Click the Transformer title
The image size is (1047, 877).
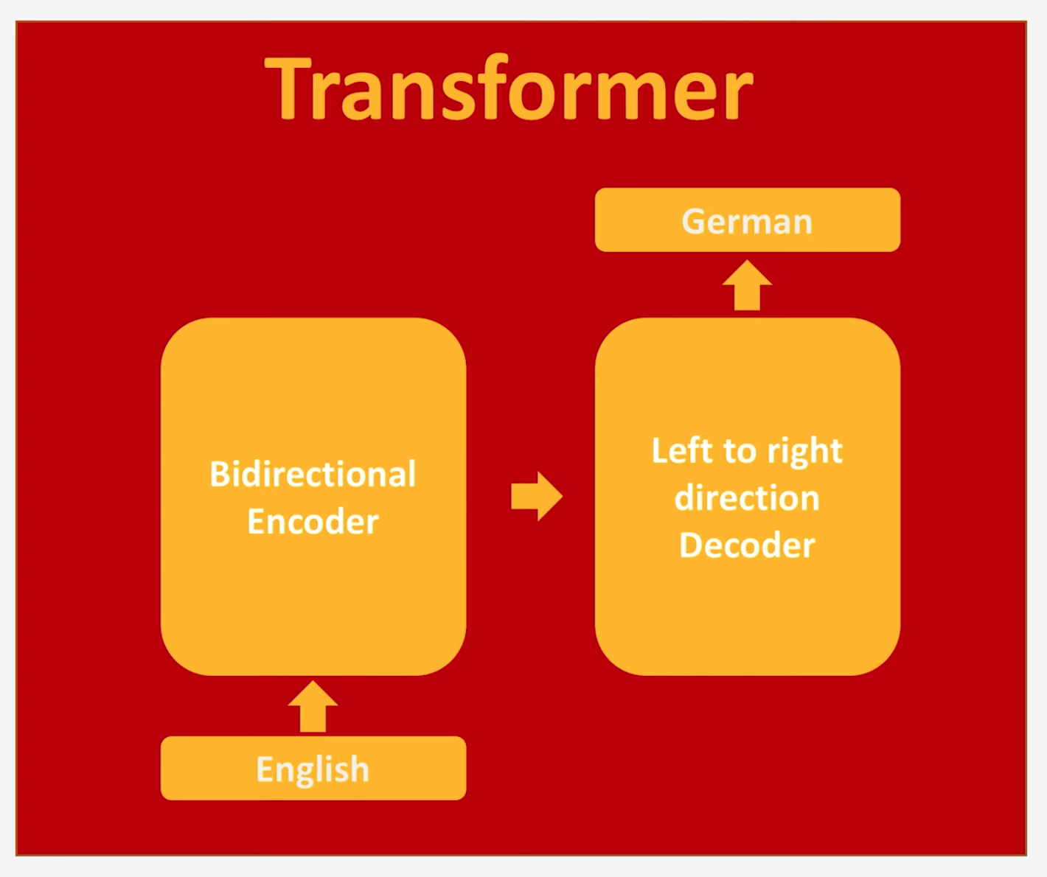click(x=509, y=88)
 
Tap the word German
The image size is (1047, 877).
click(x=747, y=221)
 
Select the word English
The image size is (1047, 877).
click(x=313, y=769)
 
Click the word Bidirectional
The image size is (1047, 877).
click(x=313, y=474)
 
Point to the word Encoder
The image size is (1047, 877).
click(x=313, y=522)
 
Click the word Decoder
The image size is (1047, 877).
click(x=747, y=545)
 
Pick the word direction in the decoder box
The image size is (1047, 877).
click(x=747, y=498)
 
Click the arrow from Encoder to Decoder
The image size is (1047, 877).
click(x=537, y=496)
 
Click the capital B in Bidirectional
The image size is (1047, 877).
click(x=219, y=474)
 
